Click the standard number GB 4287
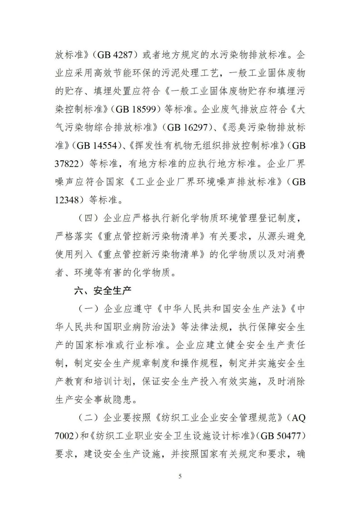point(115,55)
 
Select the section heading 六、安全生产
point(103,291)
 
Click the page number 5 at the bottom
point(180,476)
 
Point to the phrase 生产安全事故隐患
point(94,400)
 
